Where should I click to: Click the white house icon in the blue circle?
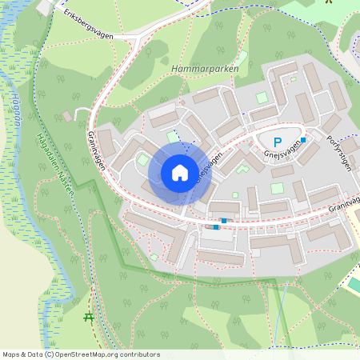pyautogui.click(x=180, y=172)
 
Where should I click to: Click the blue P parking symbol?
pyautogui.click(x=277, y=142)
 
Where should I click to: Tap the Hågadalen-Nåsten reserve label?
pyautogui.click(x=54, y=161)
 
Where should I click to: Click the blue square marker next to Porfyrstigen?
pyautogui.click(x=303, y=140)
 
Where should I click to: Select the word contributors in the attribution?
pyautogui.click(x=139, y=354)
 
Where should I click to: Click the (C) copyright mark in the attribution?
pyautogui.click(x=49, y=354)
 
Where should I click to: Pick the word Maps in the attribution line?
pyautogui.click(x=11, y=354)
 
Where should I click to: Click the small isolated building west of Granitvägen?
pyautogui.click(x=67, y=117)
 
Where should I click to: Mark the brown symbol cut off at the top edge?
pyautogui.click(x=328, y=2)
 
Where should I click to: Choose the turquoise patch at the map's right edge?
pyautogui.click(x=354, y=284)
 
